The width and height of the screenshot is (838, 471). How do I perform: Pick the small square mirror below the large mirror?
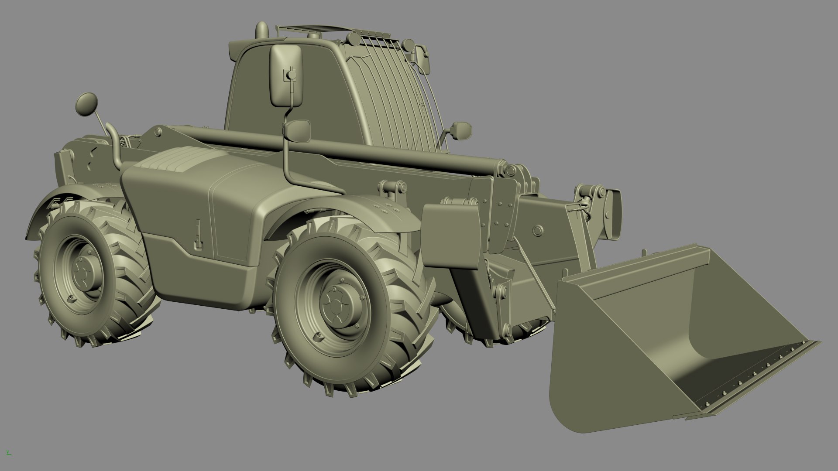(x=299, y=130)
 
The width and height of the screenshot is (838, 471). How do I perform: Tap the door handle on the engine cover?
(x=198, y=235)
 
